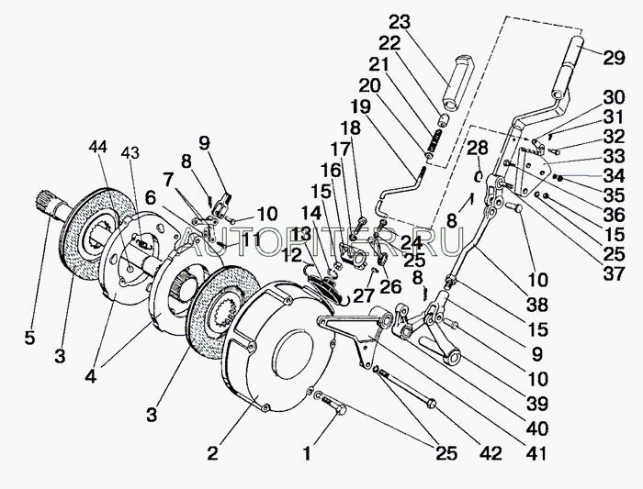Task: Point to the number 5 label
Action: [30, 339]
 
